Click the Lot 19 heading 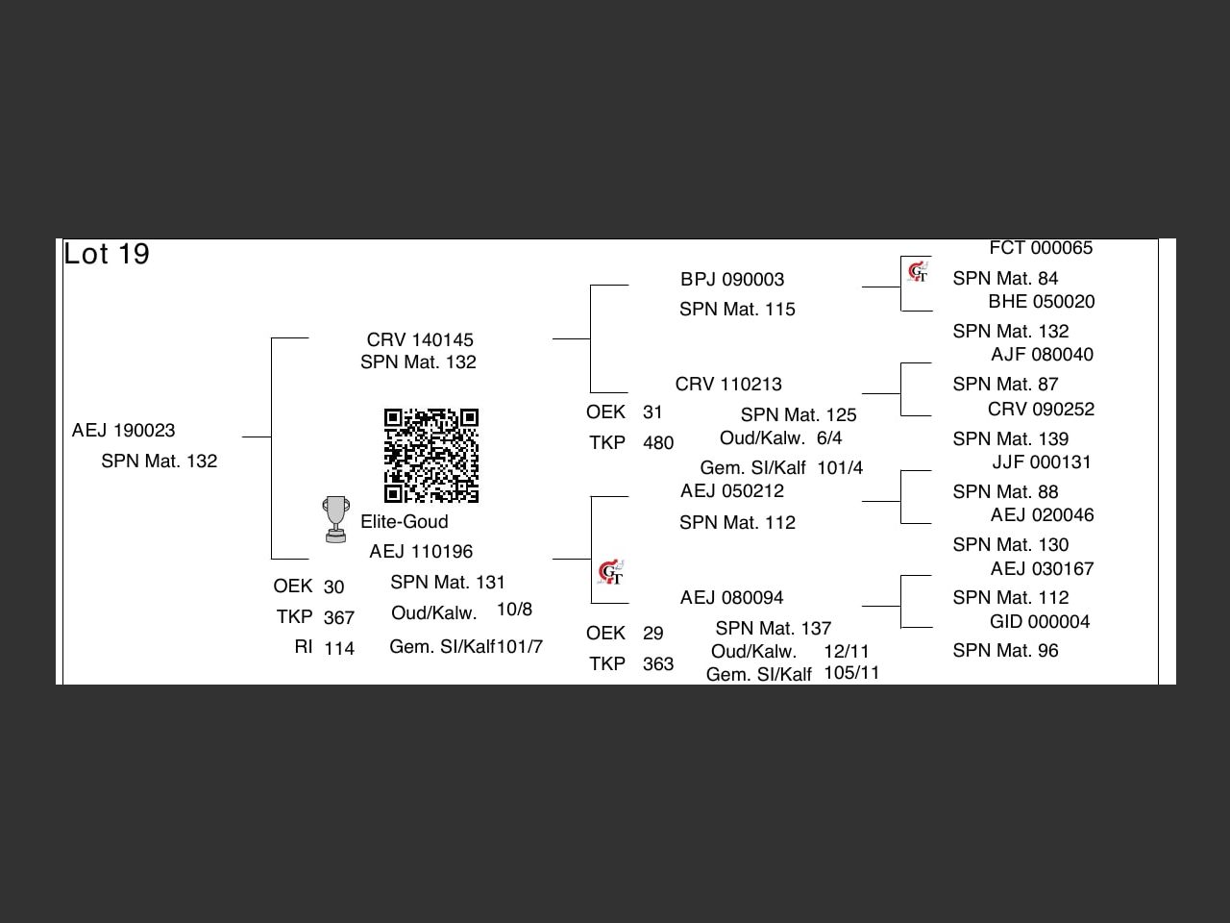click(107, 255)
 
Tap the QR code click(431, 456)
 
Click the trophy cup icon click(335, 519)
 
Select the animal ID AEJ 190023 click(123, 431)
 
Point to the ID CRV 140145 click(420, 340)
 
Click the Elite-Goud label click(405, 522)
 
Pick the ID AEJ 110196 click(421, 552)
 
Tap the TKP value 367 click(339, 618)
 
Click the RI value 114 click(339, 649)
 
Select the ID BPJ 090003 click(732, 280)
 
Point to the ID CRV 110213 click(728, 385)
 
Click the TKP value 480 click(658, 443)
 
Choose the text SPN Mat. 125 click(799, 415)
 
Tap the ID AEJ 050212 click(732, 491)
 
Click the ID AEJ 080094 click(732, 598)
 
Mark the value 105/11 click(851, 673)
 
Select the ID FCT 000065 click(1041, 248)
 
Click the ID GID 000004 click(1040, 622)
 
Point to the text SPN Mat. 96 click(1005, 651)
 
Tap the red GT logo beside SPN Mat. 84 click(918, 273)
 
